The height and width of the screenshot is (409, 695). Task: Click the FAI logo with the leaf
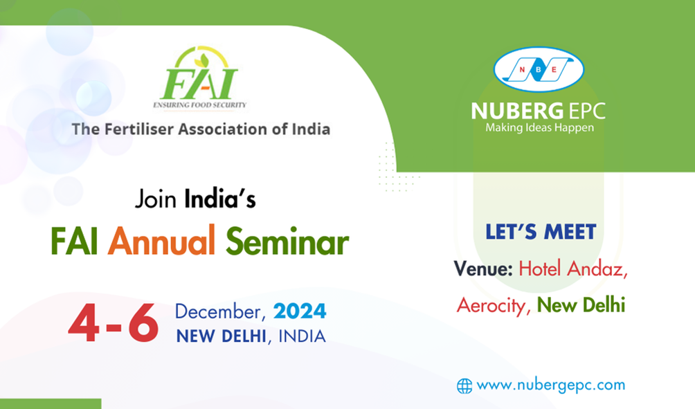[199, 78]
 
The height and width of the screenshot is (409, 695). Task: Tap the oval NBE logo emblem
[539, 70]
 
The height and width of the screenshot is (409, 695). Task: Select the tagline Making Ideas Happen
[539, 128]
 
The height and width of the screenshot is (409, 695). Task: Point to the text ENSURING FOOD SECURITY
[199, 105]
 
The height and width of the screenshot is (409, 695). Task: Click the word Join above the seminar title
[156, 199]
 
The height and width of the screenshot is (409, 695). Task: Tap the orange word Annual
[161, 241]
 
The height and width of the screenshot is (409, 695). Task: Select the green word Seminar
[287, 242]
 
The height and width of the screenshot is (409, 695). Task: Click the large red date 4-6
[114, 322]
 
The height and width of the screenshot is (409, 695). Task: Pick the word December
[220, 311]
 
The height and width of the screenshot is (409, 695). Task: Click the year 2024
[300, 311]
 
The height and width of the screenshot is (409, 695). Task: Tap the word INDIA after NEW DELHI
[302, 336]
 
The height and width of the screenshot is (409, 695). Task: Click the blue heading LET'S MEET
[541, 232]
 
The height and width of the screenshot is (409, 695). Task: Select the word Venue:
[483, 269]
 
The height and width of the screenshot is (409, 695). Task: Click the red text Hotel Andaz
[572, 269]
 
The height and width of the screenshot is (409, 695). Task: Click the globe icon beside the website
[464, 386]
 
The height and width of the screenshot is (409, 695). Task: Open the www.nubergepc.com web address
[551, 385]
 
